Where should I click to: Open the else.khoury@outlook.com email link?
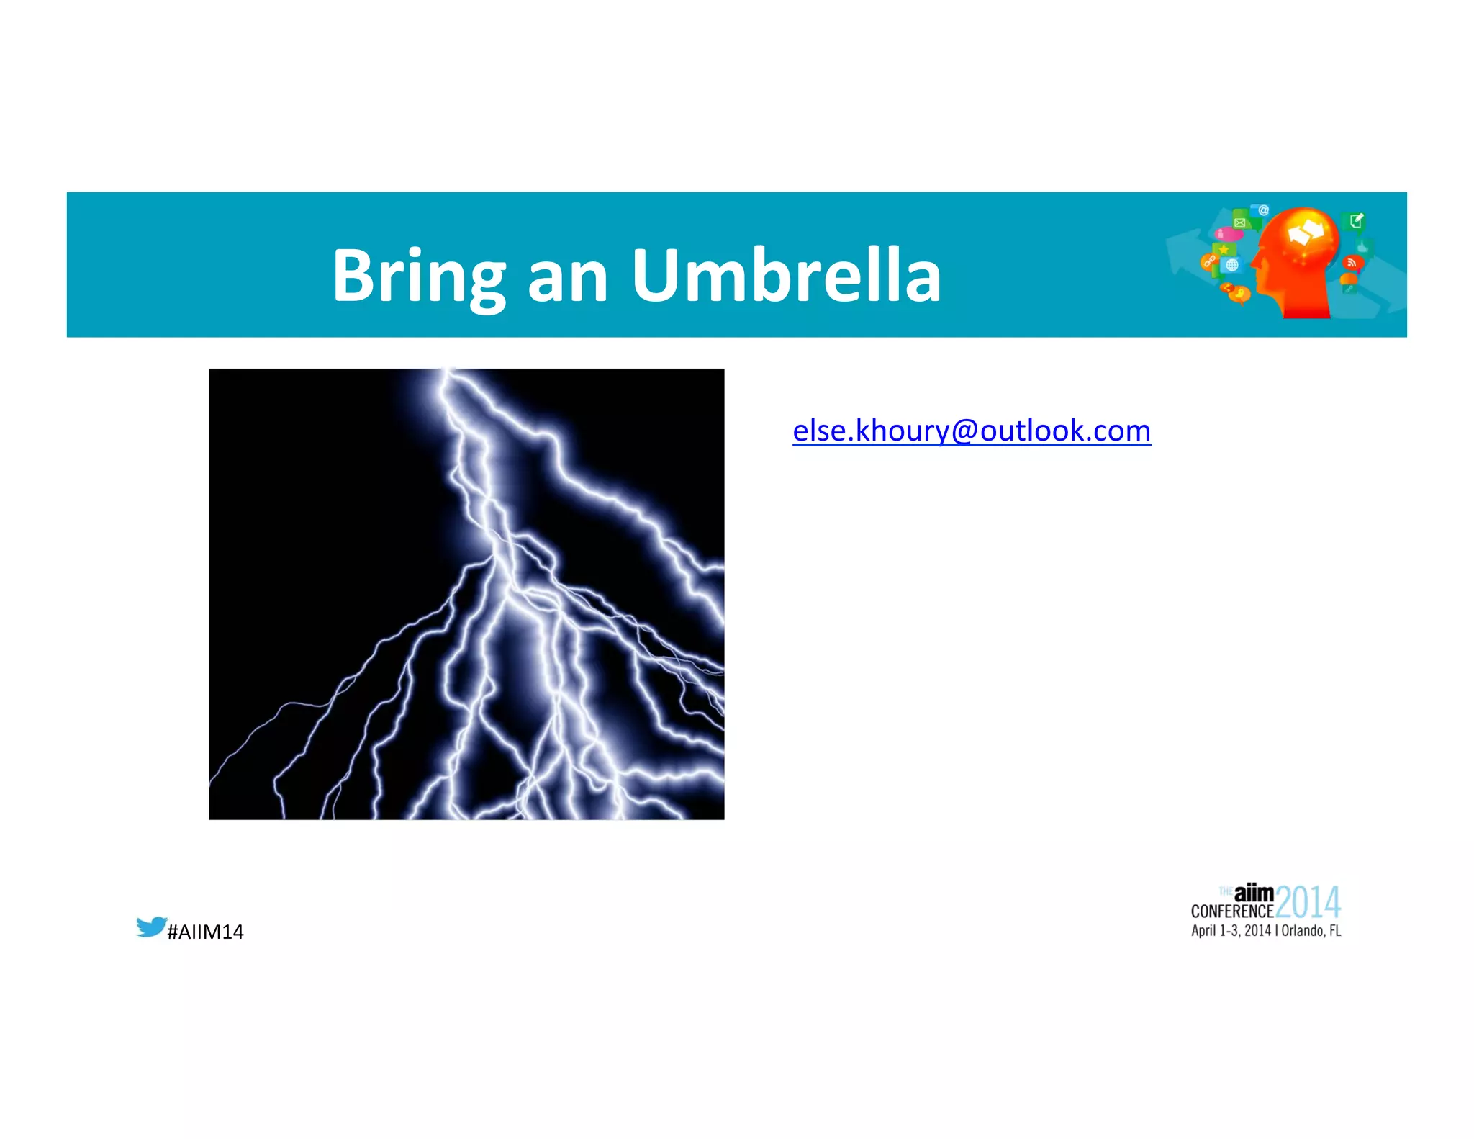pos(971,431)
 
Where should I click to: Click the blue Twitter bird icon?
pos(151,926)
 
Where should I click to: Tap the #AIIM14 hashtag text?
pos(205,932)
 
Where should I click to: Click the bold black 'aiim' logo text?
pos(1254,893)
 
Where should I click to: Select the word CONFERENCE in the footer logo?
pos(1231,911)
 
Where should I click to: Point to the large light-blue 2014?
pos(1308,903)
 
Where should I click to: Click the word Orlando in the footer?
pos(1303,931)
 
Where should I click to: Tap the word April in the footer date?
pos(1203,931)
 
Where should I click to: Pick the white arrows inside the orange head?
pos(1306,233)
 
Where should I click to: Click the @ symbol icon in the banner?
pos(1263,210)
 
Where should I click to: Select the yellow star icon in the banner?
pos(1224,249)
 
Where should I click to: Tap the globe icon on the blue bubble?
pos(1232,265)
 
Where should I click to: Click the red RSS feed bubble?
pos(1352,263)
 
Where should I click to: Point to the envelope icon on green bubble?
pos(1240,222)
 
